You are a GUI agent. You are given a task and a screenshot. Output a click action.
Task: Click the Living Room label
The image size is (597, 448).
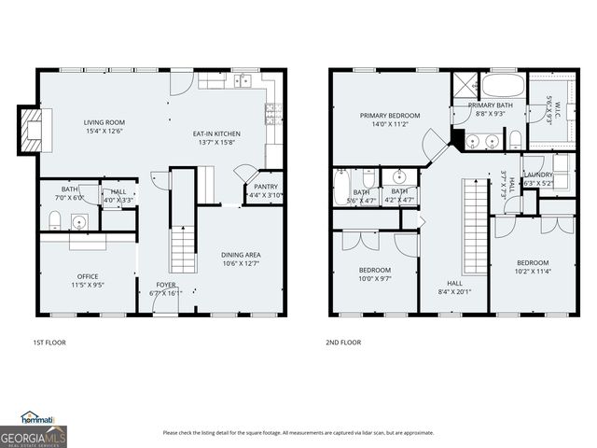[104, 122]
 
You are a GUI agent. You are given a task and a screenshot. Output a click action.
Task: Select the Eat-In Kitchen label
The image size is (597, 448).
[215, 133]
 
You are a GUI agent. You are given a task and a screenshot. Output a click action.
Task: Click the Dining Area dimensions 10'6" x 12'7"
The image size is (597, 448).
[240, 264]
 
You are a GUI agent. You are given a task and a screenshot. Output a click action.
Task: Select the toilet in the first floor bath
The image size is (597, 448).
[54, 220]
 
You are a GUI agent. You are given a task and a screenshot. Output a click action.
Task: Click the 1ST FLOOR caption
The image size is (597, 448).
[49, 343]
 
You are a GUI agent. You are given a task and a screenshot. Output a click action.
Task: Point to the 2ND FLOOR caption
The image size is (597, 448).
[343, 343]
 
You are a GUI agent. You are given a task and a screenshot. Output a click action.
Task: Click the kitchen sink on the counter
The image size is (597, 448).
[245, 81]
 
